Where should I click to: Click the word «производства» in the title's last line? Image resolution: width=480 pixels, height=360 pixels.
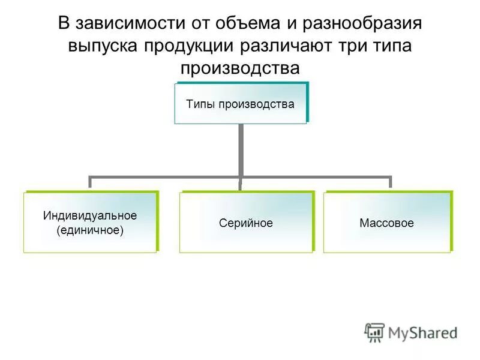click(x=240, y=68)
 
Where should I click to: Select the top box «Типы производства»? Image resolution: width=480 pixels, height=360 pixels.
click(x=240, y=103)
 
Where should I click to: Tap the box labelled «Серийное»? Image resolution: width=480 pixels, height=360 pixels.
click(x=246, y=223)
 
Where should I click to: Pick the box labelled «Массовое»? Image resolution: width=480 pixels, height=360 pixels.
click(x=387, y=223)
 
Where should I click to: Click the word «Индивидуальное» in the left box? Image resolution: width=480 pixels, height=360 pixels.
click(x=90, y=215)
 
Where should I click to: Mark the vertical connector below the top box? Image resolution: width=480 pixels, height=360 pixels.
click(x=240, y=150)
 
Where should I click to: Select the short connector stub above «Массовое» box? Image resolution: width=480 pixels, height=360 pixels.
click(x=391, y=182)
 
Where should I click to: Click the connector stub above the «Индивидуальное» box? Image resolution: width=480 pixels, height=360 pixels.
click(x=90, y=182)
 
